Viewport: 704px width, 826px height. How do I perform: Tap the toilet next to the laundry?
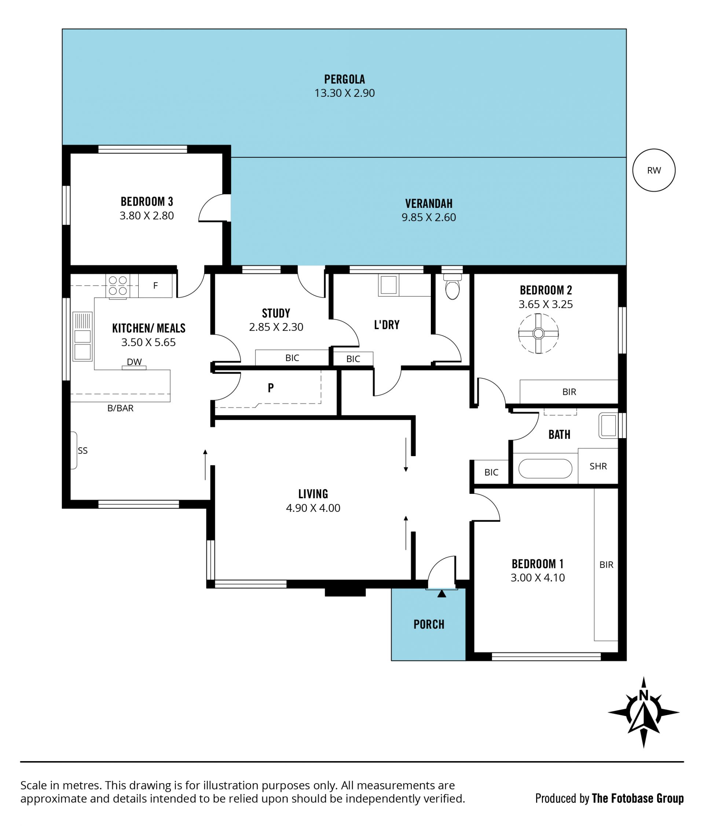point(452,286)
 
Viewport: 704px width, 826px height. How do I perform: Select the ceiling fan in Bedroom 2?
point(538,333)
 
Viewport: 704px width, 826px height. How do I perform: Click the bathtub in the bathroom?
point(545,469)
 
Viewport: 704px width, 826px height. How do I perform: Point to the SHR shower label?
point(598,466)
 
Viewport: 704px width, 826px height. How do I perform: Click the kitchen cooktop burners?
point(118,286)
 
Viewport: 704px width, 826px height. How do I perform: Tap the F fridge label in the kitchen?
point(155,286)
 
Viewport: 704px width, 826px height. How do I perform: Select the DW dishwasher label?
point(134,362)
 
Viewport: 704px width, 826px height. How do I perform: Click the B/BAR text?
point(120,408)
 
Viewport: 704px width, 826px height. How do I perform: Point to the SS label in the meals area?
point(82,451)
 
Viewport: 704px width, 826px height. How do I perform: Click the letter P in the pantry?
point(271,388)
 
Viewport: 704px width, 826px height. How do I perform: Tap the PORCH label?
point(429,624)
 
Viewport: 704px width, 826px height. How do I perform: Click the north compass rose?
point(643,712)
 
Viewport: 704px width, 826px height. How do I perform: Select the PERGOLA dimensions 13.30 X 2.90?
point(344,93)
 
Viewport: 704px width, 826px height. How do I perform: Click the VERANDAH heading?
point(429,204)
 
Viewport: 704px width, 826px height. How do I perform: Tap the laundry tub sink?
point(388,284)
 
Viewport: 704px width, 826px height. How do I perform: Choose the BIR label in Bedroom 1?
point(606,565)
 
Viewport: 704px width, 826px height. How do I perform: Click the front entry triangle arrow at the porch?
point(441,594)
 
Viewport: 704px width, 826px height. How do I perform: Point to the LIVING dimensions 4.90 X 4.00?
point(313,508)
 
